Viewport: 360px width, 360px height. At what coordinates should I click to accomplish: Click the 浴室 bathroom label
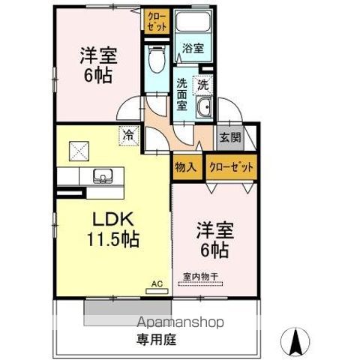[192, 48]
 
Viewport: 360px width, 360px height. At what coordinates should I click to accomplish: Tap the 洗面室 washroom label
[183, 94]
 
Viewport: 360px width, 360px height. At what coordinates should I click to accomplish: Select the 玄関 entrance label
[229, 137]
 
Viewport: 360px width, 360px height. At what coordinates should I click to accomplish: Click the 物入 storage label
[185, 166]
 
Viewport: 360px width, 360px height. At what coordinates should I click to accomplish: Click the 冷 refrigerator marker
[129, 136]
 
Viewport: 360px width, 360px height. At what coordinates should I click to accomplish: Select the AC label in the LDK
[157, 283]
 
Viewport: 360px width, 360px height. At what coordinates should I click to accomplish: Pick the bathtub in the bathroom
[193, 23]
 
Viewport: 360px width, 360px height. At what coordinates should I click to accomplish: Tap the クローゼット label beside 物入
[231, 166]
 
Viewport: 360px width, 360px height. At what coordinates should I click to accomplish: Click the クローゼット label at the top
[157, 20]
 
